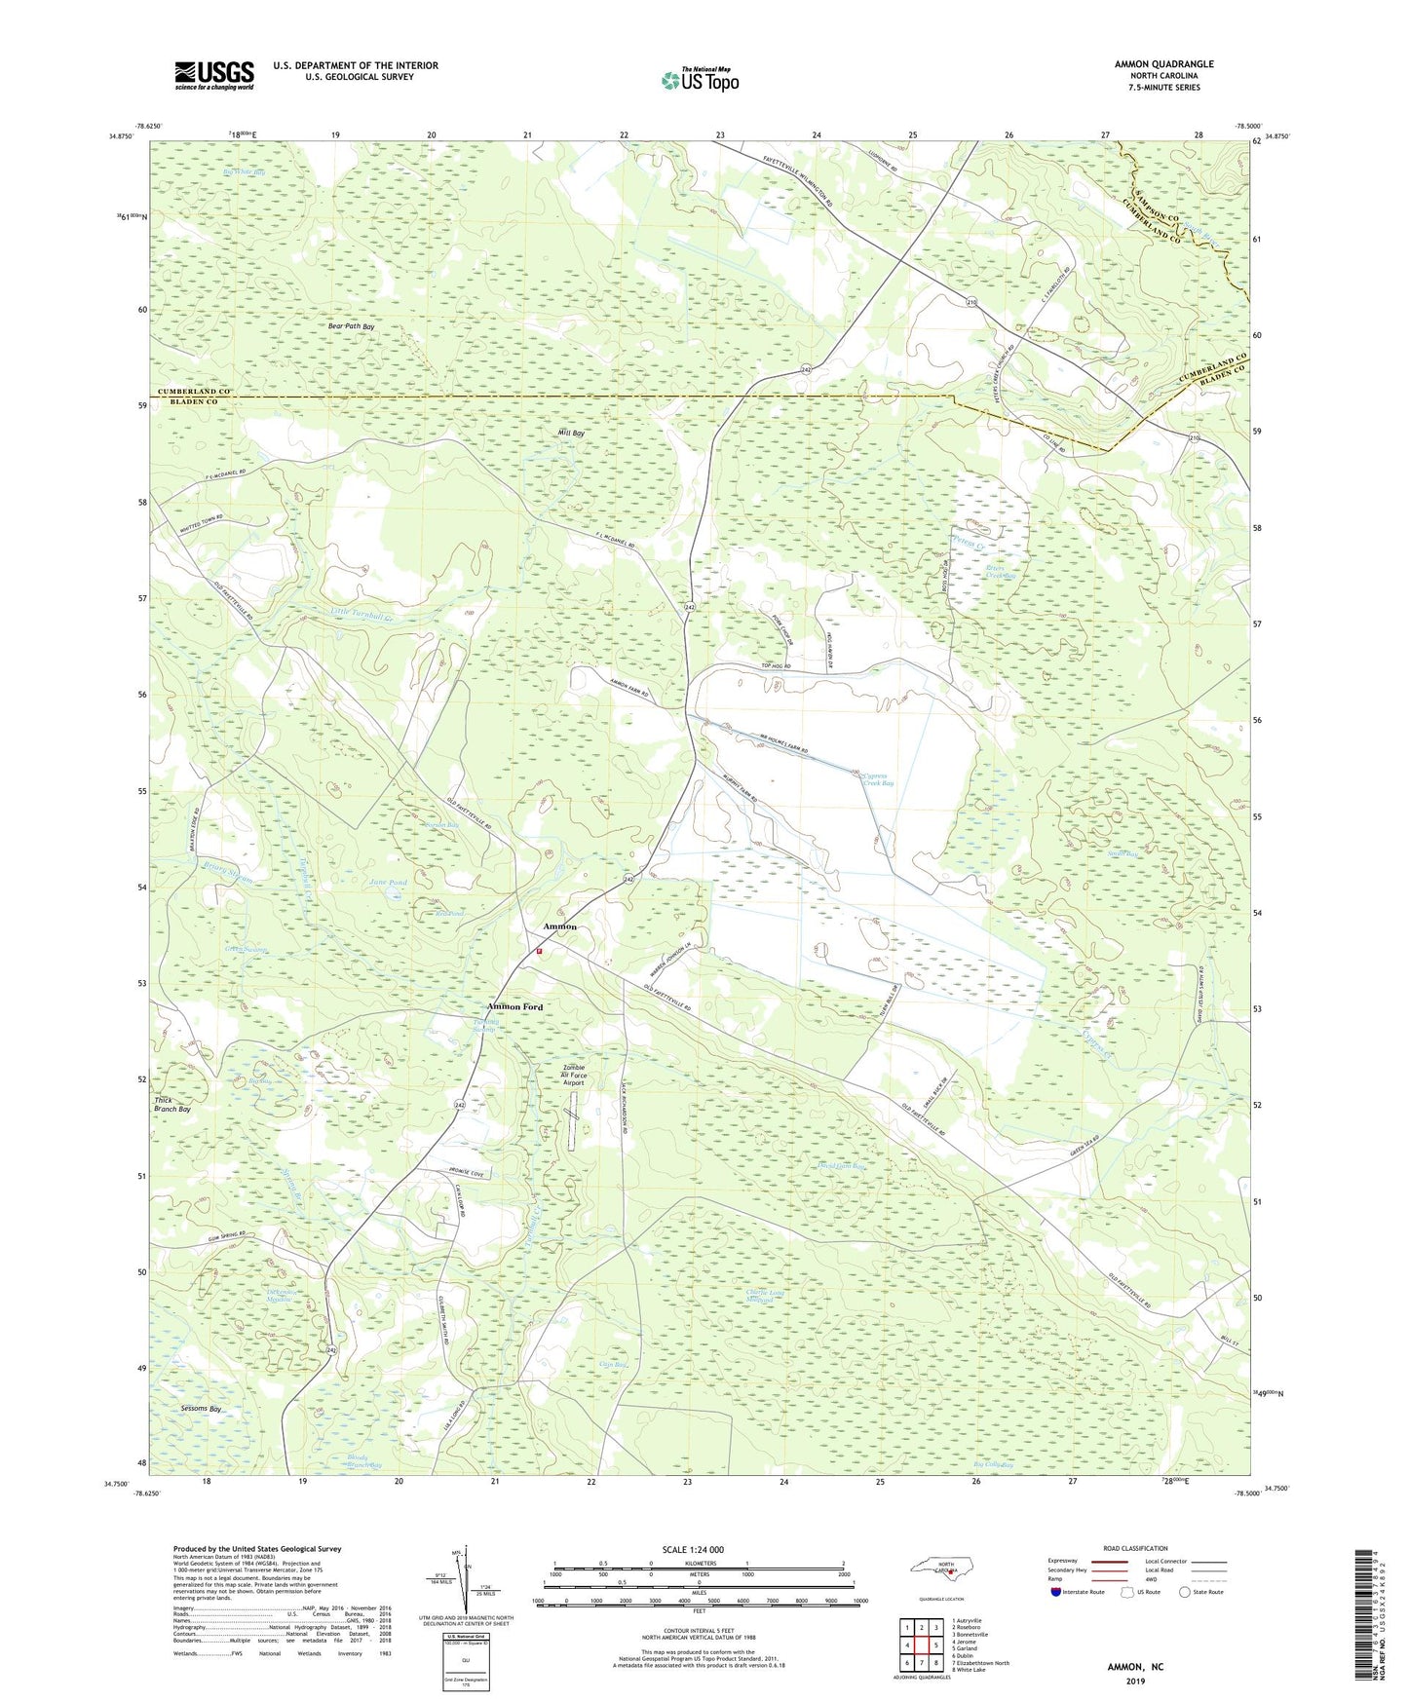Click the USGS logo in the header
(214, 75)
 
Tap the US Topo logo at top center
(700, 80)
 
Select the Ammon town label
(559, 926)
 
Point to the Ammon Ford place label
(514, 1006)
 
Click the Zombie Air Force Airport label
(574, 1075)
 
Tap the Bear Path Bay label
(351, 326)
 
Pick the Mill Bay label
(571, 433)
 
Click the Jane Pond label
(388, 882)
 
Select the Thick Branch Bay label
(172, 1105)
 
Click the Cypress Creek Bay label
(878, 779)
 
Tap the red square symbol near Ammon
(536, 952)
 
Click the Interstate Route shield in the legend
(1057, 1592)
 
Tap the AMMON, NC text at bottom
(1135, 1667)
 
